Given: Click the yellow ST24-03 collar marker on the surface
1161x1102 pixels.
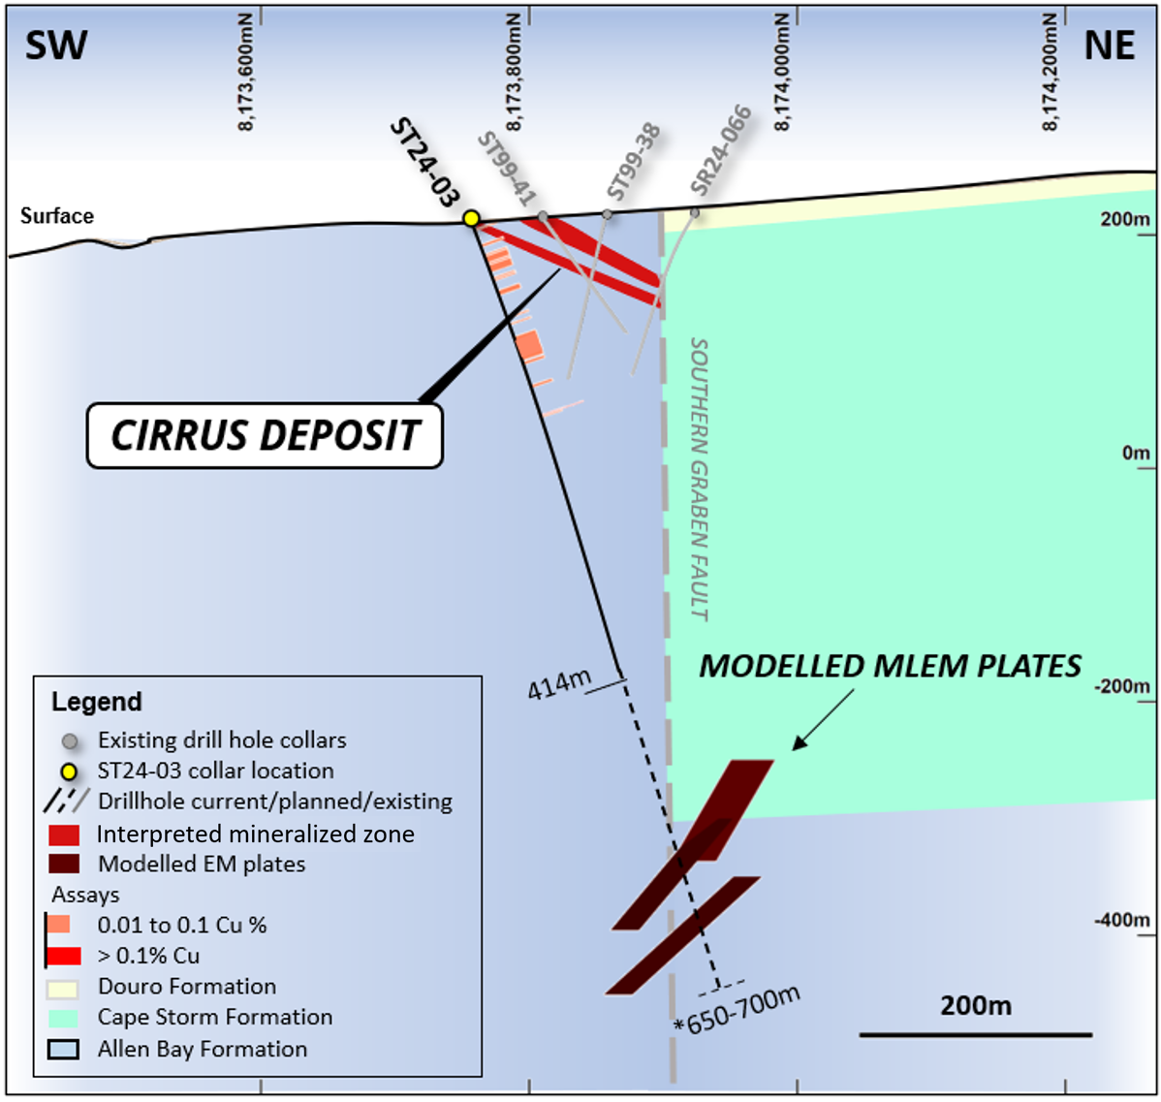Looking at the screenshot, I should [x=471, y=218].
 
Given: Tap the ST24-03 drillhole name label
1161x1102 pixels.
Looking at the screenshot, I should [x=424, y=163].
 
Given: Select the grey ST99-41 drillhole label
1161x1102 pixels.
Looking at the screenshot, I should [x=507, y=170].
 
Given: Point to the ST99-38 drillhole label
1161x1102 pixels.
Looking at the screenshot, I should [x=633, y=161].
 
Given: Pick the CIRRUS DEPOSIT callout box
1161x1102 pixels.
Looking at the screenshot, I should [x=265, y=435].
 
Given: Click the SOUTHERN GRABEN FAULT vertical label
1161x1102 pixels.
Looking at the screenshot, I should [x=699, y=479].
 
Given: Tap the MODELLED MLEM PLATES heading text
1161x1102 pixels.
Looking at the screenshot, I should [x=890, y=667].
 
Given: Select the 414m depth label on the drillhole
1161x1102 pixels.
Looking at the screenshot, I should [x=558, y=685].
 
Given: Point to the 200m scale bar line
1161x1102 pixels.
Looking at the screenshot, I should [x=975, y=1034].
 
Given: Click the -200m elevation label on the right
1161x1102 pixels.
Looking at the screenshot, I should [x=1122, y=686].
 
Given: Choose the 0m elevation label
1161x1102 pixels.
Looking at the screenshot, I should [x=1135, y=454].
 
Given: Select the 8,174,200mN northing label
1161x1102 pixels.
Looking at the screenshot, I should [x=1051, y=73].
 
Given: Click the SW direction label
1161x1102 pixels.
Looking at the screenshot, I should [x=56, y=46].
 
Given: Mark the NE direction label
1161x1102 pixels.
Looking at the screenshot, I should [x=1109, y=46].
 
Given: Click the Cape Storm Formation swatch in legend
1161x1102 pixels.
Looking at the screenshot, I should [x=63, y=1018].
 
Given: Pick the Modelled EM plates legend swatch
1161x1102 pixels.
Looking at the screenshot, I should [x=64, y=864].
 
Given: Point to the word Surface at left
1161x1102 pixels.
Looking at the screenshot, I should [x=57, y=216].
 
